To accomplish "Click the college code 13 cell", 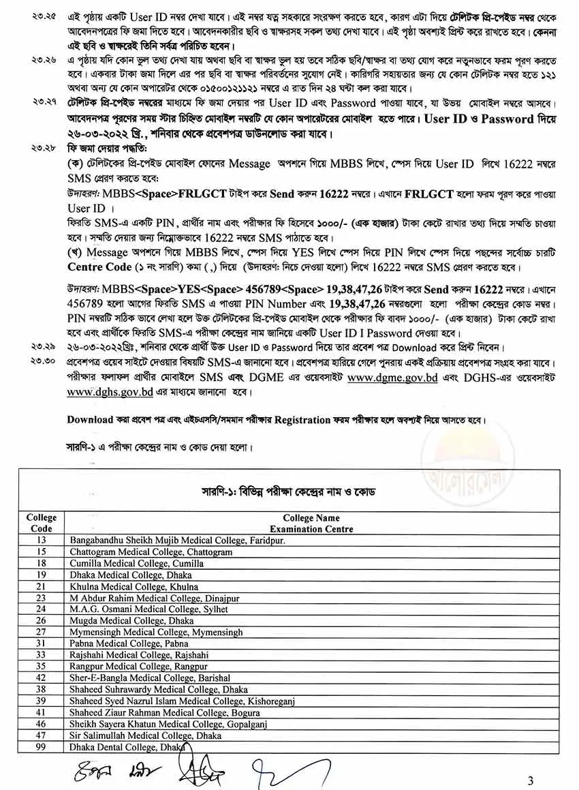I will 41,540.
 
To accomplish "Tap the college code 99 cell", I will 41,748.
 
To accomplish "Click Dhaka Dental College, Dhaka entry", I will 127,748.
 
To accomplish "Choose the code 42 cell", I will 41,678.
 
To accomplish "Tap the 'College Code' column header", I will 41,523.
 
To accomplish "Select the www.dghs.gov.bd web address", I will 110,392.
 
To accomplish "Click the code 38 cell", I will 41,690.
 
